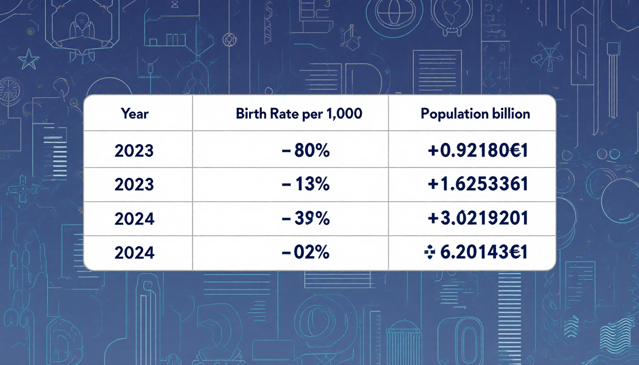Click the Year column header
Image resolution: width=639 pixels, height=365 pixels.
(x=135, y=114)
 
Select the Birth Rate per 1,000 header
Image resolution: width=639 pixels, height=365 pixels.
(x=299, y=114)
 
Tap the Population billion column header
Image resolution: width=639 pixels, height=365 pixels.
(x=475, y=114)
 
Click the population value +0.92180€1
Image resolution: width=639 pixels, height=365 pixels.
(x=478, y=151)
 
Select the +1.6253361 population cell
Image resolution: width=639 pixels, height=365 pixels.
(x=478, y=184)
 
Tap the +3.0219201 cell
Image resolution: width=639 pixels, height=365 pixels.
(x=478, y=219)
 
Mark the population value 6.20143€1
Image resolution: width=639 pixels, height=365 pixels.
(x=484, y=253)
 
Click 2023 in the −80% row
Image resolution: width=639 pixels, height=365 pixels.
(x=134, y=151)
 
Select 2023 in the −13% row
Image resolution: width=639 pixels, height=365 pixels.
(x=134, y=184)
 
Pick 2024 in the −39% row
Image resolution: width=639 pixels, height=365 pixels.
(x=134, y=219)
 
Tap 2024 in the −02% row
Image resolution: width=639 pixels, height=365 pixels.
(x=134, y=253)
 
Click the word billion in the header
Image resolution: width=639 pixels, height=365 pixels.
(x=513, y=114)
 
